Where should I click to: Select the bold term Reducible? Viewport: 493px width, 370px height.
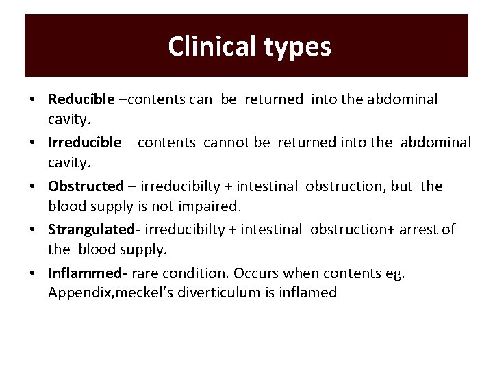[81, 99]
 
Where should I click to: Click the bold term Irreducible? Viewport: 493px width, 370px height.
[85, 143]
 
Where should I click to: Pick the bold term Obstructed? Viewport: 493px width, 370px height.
[86, 186]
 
